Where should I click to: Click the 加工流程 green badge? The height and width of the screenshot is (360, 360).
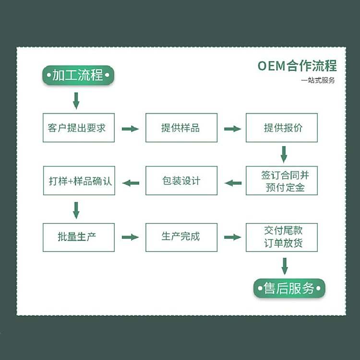click(78, 75)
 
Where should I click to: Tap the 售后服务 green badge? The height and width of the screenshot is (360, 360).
click(289, 288)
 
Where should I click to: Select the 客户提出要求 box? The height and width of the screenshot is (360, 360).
click(78, 128)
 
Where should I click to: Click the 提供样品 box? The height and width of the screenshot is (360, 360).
click(181, 128)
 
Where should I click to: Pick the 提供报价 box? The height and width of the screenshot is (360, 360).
click(282, 128)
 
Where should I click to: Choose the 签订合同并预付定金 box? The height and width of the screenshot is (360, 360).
click(282, 180)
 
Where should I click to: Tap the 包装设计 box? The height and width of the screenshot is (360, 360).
click(181, 180)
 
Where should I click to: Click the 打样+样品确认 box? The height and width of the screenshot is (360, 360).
click(78, 180)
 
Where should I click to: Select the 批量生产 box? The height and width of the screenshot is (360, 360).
click(78, 237)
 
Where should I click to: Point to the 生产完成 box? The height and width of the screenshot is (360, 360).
click(181, 237)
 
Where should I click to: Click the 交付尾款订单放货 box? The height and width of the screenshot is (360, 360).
click(282, 237)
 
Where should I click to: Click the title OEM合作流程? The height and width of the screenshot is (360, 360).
click(297, 66)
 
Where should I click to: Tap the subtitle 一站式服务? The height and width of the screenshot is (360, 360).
click(318, 80)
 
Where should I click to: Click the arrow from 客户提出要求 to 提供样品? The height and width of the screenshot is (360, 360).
click(130, 129)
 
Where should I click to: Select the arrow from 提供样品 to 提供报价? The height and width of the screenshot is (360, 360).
click(232, 129)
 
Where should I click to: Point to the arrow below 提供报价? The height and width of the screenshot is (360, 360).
click(284, 155)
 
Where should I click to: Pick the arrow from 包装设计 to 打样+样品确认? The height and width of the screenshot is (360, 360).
click(131, 183)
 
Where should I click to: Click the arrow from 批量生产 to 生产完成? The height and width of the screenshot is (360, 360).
click(130, 237)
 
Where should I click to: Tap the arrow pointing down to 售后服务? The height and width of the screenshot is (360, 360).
click(284, 266)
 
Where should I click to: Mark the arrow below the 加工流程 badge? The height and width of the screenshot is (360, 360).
click(76, 101)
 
